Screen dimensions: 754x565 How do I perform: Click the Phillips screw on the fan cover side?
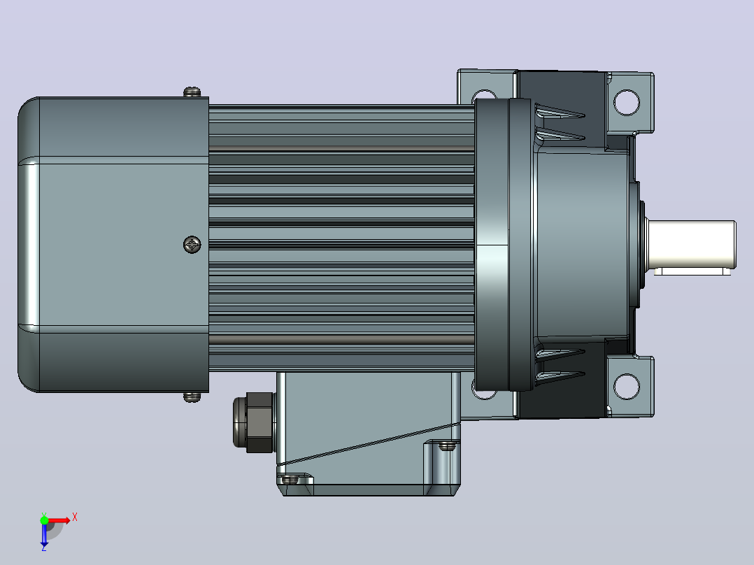click(192, 245)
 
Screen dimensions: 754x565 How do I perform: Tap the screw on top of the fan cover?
click(192, 92)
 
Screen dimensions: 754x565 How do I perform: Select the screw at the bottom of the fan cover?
click(192, 397)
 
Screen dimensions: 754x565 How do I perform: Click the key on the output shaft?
click(692, 272)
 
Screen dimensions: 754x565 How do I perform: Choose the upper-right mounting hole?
click(627, 102)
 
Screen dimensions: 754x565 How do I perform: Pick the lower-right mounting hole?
click(627, 386)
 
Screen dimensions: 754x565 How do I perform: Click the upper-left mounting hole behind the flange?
click(484, 94)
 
